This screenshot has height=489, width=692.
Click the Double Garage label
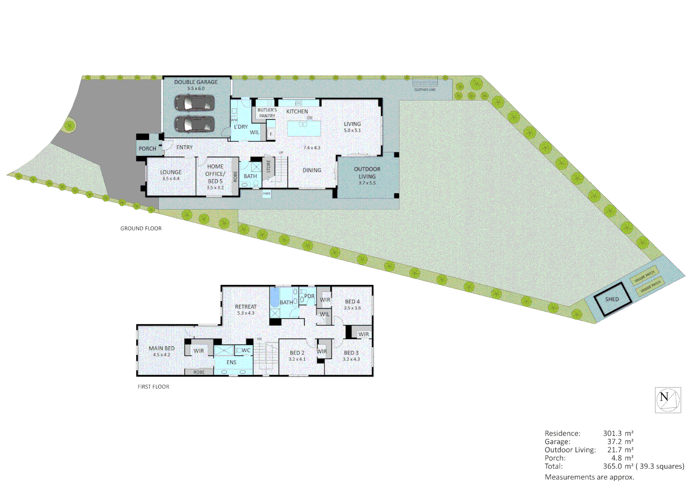pyautogui.click(x=196, y=82)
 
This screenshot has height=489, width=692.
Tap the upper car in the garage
pyautogui.click(x=194, y=103)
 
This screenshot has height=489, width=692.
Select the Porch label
pyautogui.click(x=147, y=149)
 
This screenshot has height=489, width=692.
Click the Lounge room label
pyautogui.click(x=171, y=172)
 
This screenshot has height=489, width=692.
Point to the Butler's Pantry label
pyautogui.click(x=267, y=113)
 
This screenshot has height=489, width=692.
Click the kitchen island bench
pyautogui.click(x=304, y=128)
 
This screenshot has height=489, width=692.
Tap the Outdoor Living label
pyautogui.click(x=367, y=173)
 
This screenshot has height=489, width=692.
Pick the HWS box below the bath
pyautogui.click(x=267, y=194)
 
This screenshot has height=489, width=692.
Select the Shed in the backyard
pyautogui.click(x=612, y=299)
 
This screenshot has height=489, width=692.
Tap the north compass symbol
pyautogui.click(x=668, y=400)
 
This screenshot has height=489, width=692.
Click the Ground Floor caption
pyautogui.click(x=141, y=229)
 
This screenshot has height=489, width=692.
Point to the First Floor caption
pyautogui.click(x=154, y=387)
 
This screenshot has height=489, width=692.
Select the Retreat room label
pyautogui.click(x=245, y=307)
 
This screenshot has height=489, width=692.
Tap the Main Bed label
pyautogui.click(x=162, y=348)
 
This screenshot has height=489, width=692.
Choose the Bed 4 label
pyautogui.click(x=352, y=302)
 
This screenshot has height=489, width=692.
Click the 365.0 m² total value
pyautogui.click(x=618, y=466)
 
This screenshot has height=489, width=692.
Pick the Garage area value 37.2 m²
pyautogui.click(x=620, y=441)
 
